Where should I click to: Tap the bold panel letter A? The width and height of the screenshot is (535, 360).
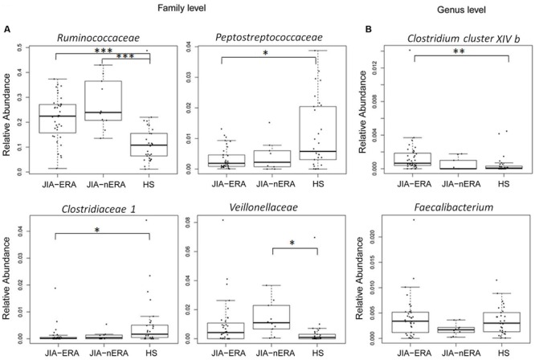coord(7,31)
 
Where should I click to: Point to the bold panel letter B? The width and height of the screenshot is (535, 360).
coord(369,31)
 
